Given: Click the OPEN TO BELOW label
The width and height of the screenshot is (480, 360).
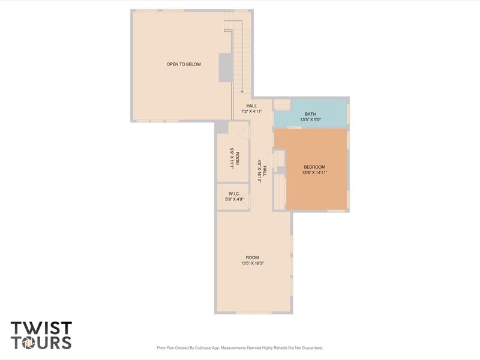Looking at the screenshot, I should coord(184,64).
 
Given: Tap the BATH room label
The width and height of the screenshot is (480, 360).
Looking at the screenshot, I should coord(310,114).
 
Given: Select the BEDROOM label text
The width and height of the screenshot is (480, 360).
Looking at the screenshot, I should coord(314,167).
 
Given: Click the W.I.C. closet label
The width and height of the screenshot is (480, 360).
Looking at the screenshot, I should coord(234,194).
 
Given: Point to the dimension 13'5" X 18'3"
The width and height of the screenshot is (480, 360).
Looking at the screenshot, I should coord(252,263).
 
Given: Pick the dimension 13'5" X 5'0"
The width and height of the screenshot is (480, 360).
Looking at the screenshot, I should coord(310,119).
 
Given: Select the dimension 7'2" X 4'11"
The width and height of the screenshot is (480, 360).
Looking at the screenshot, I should coord(252,111).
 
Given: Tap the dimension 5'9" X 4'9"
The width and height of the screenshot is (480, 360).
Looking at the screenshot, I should coord(234,199).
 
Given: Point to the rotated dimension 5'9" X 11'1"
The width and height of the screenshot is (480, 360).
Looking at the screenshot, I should coord(231,158).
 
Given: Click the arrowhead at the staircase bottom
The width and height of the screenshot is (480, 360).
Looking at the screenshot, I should coord(242,92).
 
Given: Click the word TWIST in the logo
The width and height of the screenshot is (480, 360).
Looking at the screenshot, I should coord(41,328).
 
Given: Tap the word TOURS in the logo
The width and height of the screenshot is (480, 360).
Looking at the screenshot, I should coord(41,343).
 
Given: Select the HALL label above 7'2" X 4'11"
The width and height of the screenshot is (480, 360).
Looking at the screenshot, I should coord(251,106).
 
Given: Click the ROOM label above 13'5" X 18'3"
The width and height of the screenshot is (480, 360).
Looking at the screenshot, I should coord(252,257).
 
